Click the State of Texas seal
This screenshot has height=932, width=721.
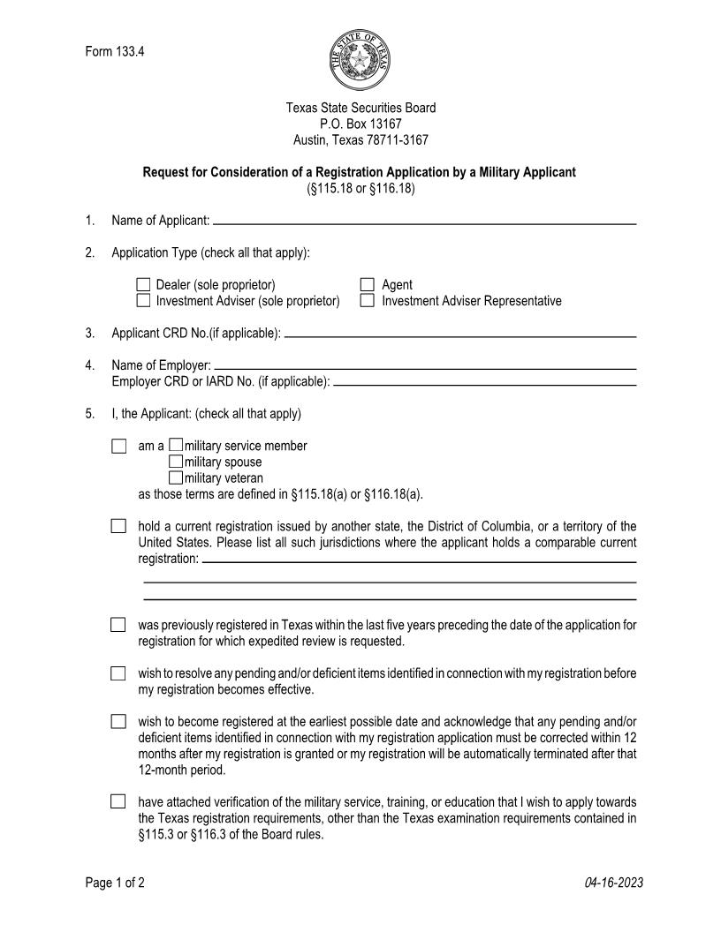point(360,59)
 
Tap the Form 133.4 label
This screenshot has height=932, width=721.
point(115,51)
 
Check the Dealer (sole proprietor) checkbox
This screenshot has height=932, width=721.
point(144,285)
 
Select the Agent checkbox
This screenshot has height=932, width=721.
point(368,285)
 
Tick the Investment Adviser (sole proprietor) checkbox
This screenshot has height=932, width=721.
point(144,301)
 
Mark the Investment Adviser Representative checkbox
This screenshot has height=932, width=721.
point(368,301)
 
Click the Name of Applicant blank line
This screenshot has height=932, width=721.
point(424,223)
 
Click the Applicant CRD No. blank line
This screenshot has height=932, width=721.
point(460,336)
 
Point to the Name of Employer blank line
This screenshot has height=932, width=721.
point(425,367)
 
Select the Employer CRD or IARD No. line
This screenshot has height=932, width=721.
point(485,384)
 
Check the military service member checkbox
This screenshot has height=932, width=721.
point(176,446)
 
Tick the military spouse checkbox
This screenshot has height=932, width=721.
point(176,462)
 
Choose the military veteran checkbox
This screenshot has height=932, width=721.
point(176,477)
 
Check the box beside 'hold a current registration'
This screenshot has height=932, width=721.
point(118,527)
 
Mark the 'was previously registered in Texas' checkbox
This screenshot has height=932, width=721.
point(118,625)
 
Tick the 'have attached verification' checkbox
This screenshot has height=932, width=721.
point(118,802)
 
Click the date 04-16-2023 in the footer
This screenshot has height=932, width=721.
point(613,883)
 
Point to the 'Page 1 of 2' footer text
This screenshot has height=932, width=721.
point(115,883)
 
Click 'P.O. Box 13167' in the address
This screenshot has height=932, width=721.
point(360,124)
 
